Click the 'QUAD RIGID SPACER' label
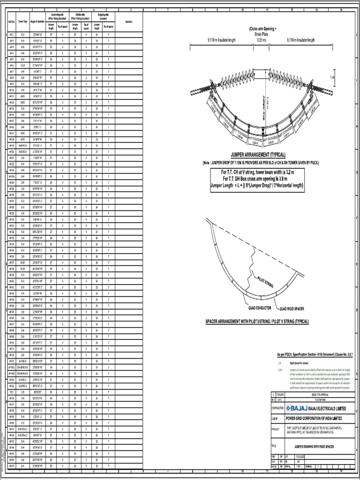(x=295, y=309)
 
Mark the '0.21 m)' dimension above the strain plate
(x=261, y=40)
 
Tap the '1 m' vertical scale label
(x=332, y=77)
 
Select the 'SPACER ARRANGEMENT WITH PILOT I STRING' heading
(x=257, y=322)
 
